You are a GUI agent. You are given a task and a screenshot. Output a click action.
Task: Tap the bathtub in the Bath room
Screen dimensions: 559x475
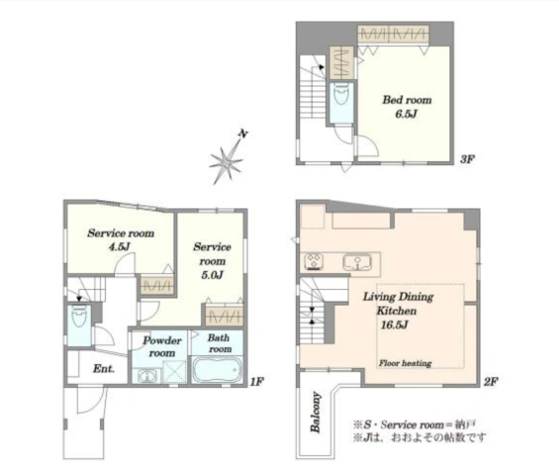[x=217, y=369]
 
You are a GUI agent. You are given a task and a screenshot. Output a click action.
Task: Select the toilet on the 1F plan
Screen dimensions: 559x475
[x=78, y=317]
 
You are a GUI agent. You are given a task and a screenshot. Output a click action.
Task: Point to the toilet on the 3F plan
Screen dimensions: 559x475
[x=341, y=94]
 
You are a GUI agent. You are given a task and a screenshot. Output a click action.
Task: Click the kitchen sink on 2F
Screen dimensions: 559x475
[x=357, y=262]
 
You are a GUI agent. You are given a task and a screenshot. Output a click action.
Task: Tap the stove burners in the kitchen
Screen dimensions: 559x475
[x=314, y=261]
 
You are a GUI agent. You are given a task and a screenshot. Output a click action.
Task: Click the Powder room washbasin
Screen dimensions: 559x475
[x=146, y=376]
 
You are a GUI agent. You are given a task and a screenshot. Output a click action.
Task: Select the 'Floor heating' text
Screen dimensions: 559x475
[x=405, y=363]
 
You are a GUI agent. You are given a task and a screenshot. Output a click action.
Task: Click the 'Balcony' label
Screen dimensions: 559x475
[x=316, y=413]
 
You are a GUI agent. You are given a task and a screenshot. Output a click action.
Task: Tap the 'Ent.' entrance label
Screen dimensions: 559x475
[x=104, y=368]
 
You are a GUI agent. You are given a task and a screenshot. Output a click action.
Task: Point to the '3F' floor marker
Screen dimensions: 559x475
[x=467, y=159]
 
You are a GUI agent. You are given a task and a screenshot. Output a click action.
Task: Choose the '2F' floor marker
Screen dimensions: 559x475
[x=491, y=382]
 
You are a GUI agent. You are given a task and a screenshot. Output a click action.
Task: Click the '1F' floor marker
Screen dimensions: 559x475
[x=256, y=382]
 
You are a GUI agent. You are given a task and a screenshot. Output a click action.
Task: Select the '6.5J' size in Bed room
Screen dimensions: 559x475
[x=406, y=114]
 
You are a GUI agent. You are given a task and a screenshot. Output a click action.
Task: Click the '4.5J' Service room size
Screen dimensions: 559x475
[x=120, y=246]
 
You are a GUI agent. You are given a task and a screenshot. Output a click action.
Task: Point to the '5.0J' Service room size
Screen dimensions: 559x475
[x=212, y=275]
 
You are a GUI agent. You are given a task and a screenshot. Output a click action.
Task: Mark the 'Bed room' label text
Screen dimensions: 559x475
[x=407, y=100]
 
